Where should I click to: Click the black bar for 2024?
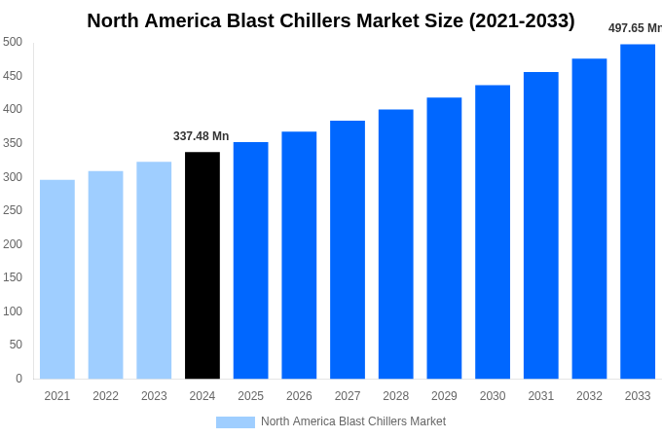202,266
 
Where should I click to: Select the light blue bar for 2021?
57,279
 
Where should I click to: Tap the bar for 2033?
638,211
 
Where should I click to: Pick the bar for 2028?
395,244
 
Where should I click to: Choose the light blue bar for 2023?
154,271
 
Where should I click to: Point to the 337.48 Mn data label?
201,136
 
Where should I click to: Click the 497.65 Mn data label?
635,28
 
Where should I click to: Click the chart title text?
331,20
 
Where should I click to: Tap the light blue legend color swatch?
235,421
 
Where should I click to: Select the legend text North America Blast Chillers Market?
353,421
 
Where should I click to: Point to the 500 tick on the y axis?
13,42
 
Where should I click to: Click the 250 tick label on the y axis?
13,210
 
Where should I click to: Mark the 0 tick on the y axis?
18,379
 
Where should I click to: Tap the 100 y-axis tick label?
13,311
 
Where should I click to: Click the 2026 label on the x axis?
299,396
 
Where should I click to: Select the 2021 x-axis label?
57,396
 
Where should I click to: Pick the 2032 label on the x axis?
589,396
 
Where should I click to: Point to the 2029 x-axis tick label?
444,396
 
